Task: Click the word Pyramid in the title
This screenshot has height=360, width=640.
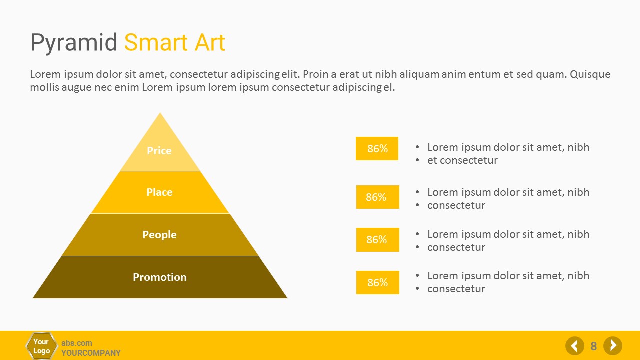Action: tap(73, 43)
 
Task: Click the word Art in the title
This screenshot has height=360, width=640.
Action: tap(210, 43)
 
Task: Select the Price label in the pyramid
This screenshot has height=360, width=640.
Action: tap(159, 150)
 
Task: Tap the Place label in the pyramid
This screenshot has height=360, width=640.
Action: tap(159, 192)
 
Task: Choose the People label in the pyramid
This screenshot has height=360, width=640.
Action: tap(159, 235)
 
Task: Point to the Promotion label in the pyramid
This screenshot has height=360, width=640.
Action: tap(160, 277)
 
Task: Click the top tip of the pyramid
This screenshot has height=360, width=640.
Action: tap(160, 112)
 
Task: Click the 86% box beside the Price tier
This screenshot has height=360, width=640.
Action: tap(377, 148)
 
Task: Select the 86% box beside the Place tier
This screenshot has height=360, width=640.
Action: tap(377, 197)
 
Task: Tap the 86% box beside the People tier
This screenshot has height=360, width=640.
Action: tap(377, 239)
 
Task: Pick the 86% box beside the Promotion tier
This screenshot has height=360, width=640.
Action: tap(377, 282)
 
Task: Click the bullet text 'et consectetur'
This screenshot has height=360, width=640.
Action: tap(462, 160)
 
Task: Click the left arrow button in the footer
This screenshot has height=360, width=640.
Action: tap(575, 346)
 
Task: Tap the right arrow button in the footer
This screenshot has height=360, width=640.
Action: tap(613, 346)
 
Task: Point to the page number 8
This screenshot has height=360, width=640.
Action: tap(593, 346)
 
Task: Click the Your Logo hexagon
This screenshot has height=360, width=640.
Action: tap(41, 346)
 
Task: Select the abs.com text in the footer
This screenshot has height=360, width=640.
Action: tap(77, 343)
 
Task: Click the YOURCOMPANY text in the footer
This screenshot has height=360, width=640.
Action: tap(91, 353)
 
